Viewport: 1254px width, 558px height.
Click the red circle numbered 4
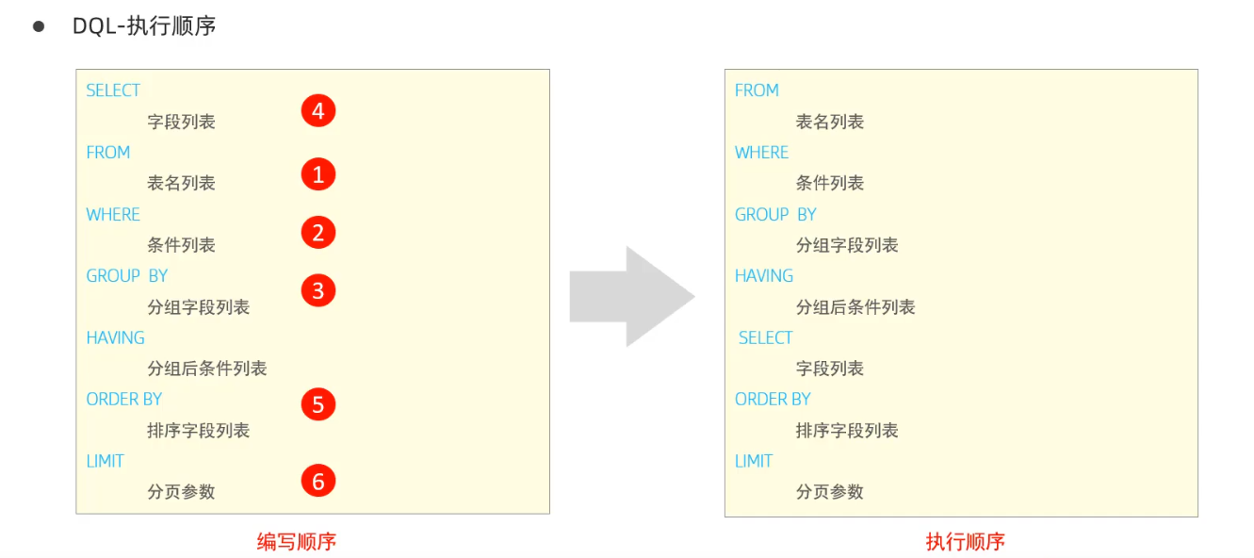click(318, 111)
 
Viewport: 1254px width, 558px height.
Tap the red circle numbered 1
click(318, 174)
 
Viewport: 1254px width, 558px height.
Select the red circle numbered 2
click(318, 233)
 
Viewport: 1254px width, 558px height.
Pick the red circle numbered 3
click(318, 291)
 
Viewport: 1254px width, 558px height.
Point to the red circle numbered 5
click(318, 404)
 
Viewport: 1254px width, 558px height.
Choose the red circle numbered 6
click(318, 482)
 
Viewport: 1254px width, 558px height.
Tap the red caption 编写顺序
click(297, 541)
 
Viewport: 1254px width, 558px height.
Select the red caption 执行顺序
click(965, 541)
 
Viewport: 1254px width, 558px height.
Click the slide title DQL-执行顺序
click(144, 26)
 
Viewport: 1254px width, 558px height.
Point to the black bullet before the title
click(39, 26)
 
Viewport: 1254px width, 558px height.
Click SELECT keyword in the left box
click(113, 90)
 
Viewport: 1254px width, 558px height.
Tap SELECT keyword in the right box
click(765, 337)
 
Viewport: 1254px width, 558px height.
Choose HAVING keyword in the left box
click(115, 337)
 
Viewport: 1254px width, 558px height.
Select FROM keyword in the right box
click(757, 90)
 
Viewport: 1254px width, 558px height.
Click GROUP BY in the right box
click(775, 214)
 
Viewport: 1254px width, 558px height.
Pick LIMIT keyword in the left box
click(105, 461)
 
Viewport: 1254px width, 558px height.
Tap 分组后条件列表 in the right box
click(855, 307)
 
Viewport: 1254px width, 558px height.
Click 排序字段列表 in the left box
click(199, 431)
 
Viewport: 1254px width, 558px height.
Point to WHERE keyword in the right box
click(761, 153)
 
